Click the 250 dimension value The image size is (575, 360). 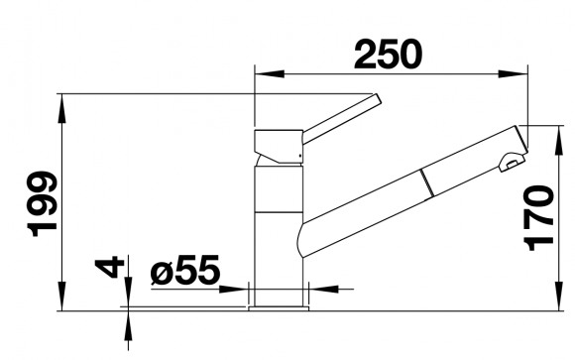[388, 55]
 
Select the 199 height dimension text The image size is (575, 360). [42, 203]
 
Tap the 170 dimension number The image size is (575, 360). [538, 218]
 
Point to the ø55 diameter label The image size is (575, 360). [185, 270]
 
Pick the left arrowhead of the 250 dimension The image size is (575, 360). [270, 73]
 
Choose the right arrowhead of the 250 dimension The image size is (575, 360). [513, 73]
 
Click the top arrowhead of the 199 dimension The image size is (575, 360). [62, 109]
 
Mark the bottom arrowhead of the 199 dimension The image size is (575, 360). [62, 297]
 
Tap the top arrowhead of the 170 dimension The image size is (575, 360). [559, 140]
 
